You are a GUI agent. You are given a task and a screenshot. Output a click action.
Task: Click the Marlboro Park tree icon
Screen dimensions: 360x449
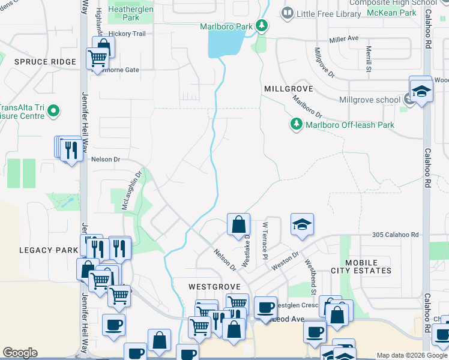(262, 25)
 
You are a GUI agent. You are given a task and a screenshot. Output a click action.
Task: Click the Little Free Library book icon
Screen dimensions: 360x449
(288, 13)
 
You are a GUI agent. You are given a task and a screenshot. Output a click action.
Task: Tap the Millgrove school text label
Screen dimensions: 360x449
(369, 100)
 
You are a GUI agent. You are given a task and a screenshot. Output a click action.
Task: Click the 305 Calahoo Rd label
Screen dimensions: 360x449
(394, 235)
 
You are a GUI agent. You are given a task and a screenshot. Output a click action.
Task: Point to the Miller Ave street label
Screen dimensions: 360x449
(343, 38)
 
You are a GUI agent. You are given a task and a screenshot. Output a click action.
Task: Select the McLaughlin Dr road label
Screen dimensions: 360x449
(131, 190)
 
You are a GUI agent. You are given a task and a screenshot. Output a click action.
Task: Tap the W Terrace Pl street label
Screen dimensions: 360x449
(264, 241)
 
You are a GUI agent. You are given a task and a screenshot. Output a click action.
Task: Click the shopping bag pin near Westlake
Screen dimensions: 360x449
(239, 224)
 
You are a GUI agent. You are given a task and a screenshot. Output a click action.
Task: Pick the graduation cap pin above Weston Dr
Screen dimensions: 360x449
(302, 224)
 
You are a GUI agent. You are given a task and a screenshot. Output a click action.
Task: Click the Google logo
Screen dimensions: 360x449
(20, 353)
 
